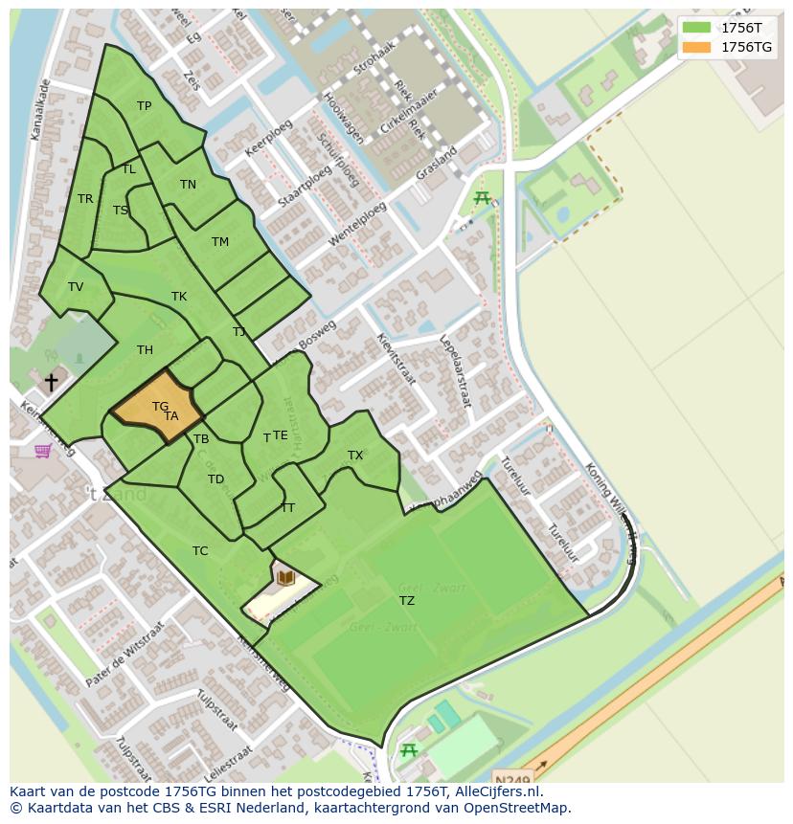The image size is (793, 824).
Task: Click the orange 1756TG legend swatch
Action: pyautogui.click(x=697, y=47)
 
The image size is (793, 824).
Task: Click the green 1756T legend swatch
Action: pyautogui.click(x=697, y=28)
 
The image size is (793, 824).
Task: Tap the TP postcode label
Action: pyautogui.click(x=144, y=106)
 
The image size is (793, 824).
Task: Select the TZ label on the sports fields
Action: pyautogui.click(x=407, y=601)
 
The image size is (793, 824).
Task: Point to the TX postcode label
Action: pyautogui.click(x=355, y=456)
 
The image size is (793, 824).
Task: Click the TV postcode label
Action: pyautogui.click(x=76, y=287)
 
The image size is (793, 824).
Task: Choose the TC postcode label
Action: pyautogui.click(x=200, y=551)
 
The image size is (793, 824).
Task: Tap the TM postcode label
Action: pyautogui.click(x=220, y=242)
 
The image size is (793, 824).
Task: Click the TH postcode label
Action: pyautogui.click(x=145, y=350)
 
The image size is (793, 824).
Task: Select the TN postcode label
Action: pyautogui.click(x=188, y=185)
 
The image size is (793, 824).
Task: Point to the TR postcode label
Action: pyautogui.click(x=85, y=199)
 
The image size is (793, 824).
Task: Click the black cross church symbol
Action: pyautogui.click(x=51, y=382)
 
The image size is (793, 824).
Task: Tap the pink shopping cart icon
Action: pyautogui.click(x=43, y=451)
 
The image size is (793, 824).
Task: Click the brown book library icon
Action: pyautogui.click(x=285, y=577)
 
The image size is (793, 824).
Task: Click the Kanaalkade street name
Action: pyautogui.click(x=40, y=110)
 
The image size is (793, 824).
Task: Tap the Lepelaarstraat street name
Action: pyautogui.click(x=455, y=371)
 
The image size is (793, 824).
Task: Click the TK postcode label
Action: pyautogui.click(x=179, y=297)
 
